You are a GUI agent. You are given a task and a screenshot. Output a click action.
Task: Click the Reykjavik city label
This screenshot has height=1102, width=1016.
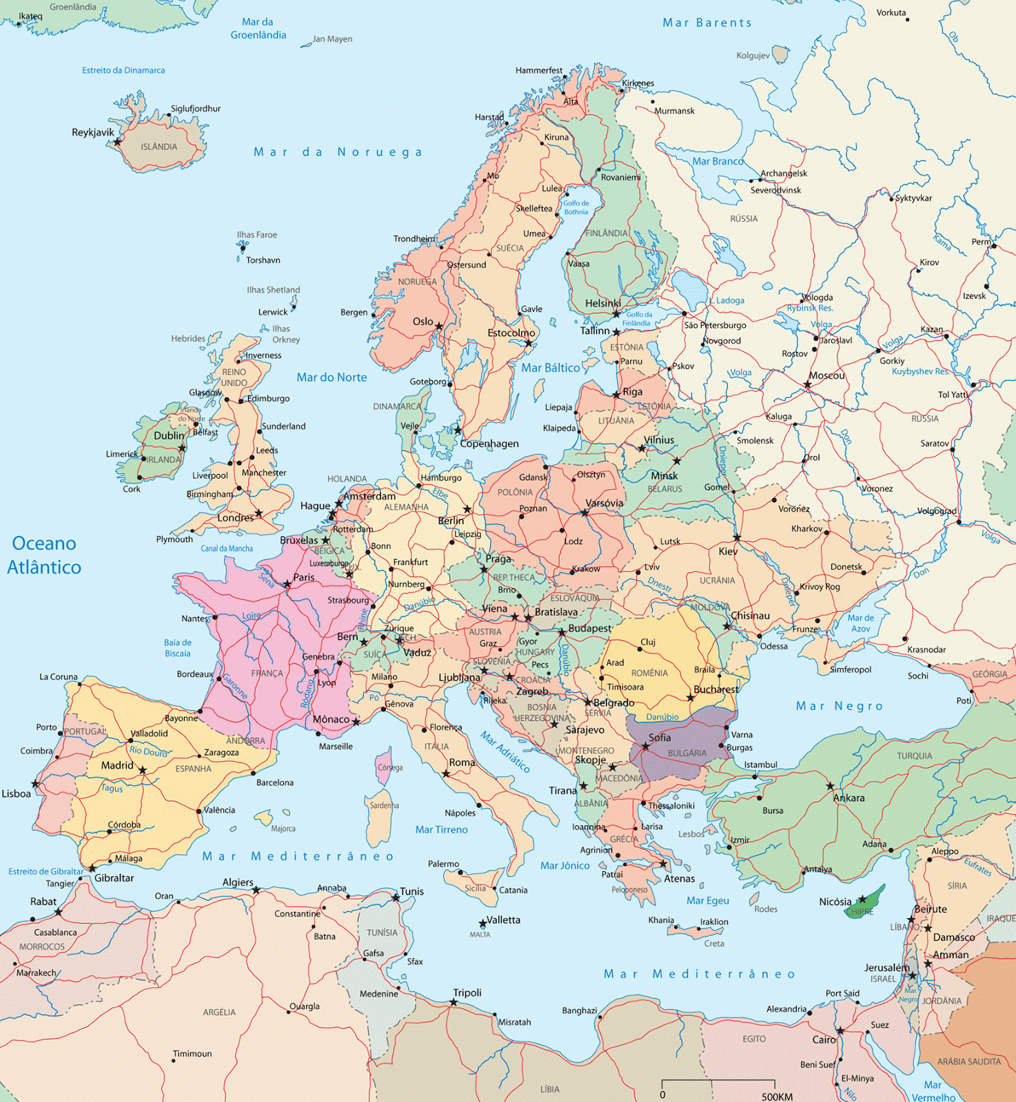[93, 132]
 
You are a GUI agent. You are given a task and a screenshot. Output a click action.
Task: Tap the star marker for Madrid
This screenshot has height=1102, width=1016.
[143, 771]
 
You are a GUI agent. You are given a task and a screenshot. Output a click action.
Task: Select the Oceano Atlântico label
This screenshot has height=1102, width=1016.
[44, 555]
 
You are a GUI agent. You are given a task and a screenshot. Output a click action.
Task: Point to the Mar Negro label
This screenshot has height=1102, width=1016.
[839, 706]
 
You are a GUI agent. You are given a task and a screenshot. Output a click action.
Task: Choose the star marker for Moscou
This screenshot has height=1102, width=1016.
[807, 385]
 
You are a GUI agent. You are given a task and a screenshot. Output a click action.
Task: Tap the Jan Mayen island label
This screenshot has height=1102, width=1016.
[332, 39]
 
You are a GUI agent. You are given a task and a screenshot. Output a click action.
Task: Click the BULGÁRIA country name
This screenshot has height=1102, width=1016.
[687, 753]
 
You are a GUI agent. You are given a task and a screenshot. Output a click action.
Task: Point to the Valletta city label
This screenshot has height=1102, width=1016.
[503, 920]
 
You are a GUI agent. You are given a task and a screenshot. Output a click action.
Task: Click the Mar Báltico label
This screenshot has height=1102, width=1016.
[550, 368]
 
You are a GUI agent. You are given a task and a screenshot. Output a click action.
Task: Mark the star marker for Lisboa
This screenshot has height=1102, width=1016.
[35, 784]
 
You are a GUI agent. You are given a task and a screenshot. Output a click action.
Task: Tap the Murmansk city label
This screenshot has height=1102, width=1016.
[674, 111]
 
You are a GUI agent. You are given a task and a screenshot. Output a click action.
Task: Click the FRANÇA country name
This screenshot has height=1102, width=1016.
[267, 674]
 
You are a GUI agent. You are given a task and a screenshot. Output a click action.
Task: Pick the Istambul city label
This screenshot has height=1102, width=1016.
[760, 765]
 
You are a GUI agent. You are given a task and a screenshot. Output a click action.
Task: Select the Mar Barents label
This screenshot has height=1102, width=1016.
[707, 23]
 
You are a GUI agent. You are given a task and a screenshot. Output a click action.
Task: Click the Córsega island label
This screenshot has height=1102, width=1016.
[390, 767]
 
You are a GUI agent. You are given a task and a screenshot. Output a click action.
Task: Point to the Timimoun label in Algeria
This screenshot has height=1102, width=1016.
[192, 1054]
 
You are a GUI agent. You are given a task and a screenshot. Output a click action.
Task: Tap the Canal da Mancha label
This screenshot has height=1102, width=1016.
[227, 549]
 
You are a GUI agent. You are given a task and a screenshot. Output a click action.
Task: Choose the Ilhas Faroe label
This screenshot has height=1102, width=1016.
[256, 235]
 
